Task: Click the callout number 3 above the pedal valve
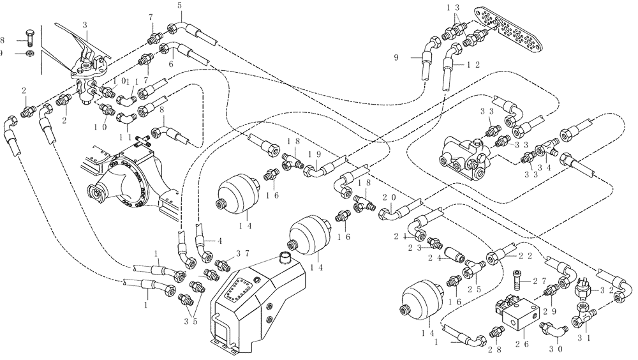point(85,24)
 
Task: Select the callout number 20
point(390,198)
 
